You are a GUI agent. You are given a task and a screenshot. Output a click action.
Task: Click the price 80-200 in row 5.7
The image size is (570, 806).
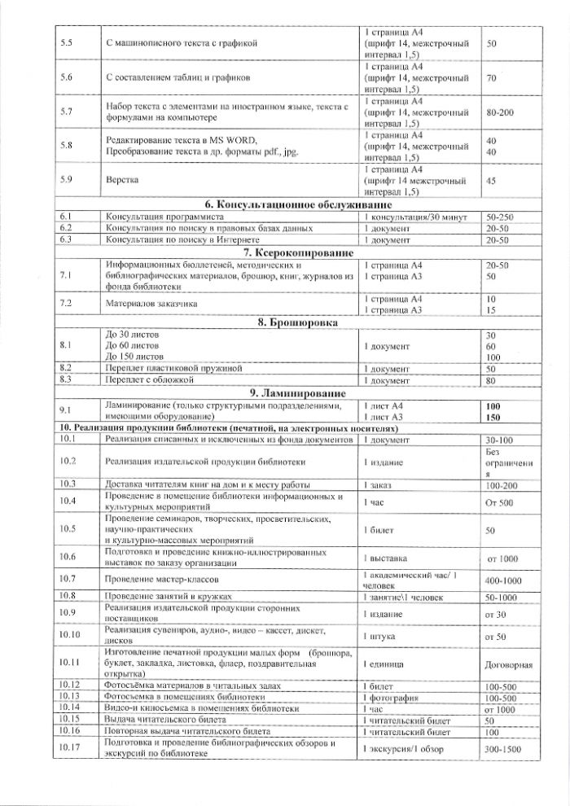point(499,110)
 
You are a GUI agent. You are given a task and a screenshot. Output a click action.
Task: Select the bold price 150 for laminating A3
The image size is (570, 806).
point(493,418)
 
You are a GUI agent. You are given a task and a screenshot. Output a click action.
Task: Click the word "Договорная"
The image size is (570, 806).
point(508,665)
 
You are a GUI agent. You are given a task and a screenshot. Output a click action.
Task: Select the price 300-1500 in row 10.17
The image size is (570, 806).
point(505,748)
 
